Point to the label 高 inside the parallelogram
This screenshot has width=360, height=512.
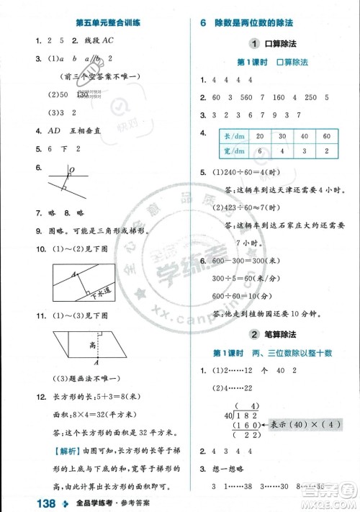point(94,345)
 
